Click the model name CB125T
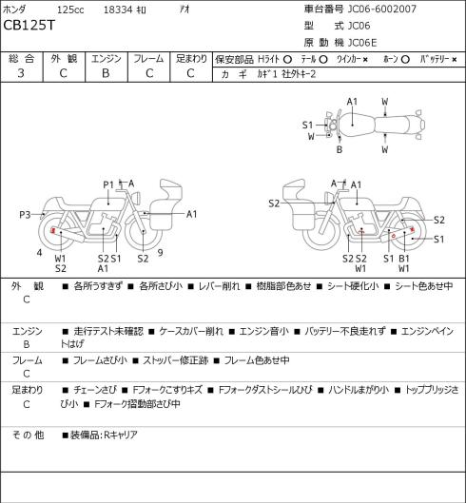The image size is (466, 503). pos(29,25)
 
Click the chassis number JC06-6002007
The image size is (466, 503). pos(382,9)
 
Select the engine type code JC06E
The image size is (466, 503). pos(362,43)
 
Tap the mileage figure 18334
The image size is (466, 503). pos(118,10)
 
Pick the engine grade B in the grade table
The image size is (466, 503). pos(106,73)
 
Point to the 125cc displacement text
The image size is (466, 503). pos(70,10)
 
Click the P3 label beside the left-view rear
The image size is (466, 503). pos(25,214)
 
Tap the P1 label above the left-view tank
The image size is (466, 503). pos(108,185)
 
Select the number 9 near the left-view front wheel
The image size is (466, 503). pos(160,253)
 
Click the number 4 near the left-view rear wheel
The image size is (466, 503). pos(40,253)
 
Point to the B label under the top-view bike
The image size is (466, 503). pos(340,149)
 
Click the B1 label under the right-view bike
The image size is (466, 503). pos(404,259)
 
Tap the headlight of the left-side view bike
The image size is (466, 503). pos(137,197)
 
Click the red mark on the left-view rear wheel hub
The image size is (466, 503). pos(53,230)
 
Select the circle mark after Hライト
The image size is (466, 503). pos(287,60)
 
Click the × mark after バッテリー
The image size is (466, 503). pos(455,60)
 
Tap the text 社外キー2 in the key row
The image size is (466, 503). pos(299,74)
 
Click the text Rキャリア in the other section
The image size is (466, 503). pos(121,435)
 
